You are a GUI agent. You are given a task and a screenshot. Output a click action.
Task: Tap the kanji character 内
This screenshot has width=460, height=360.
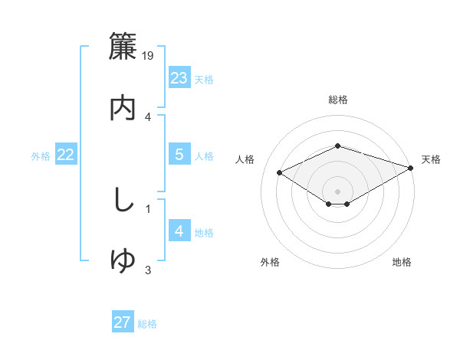(123, 108)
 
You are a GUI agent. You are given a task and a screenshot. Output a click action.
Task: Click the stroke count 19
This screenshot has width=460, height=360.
(149, 55)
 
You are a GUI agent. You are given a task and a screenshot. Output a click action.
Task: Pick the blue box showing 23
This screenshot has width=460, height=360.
(179, 77)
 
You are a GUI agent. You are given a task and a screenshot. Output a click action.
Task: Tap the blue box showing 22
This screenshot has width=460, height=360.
(66, 155)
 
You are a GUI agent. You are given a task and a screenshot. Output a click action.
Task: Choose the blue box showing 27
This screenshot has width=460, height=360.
(123, 322)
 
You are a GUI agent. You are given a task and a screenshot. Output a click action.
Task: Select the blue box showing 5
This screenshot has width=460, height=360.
(179, 155)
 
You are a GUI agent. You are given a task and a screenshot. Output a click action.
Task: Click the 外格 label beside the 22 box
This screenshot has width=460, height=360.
(41, 156)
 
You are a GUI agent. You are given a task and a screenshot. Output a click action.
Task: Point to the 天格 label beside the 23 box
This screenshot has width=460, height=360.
(204, 79)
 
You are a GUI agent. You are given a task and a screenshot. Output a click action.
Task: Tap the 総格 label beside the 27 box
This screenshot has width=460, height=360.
(147, 324)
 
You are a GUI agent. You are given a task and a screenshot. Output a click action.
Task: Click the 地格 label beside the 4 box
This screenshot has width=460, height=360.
(204, 233)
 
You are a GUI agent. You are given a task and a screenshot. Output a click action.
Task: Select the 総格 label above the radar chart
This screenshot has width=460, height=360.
(337, 100)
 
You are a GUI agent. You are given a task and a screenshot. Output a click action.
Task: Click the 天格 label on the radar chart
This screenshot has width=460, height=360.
(431, 159)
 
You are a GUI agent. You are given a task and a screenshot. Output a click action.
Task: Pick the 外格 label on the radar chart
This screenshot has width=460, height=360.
(270, 262)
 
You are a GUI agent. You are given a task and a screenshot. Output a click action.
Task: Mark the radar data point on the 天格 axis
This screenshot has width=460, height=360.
(412, 166)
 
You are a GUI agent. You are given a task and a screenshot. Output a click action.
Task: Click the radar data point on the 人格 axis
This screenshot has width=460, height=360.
(280, 172)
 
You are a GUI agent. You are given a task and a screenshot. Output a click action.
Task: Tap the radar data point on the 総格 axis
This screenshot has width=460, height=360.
(337, 146)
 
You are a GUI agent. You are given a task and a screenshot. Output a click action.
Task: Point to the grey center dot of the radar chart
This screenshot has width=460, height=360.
(337, 191)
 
